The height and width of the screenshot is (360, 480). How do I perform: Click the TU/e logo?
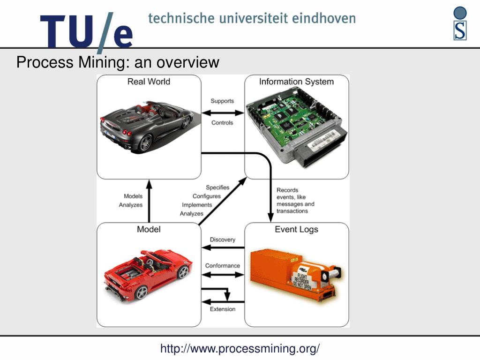pyautogui.click(x=86, y=31)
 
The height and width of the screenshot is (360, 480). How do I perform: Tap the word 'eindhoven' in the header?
pyautogui.click(x=324, y=19)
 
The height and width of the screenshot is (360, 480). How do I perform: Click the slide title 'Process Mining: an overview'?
pyautogui.click(x=118, y=62)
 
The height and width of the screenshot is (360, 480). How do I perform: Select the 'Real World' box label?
pyautogui.click(x=149, y=82)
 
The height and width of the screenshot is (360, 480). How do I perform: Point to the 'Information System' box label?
pyautogui.click(x=296, y=82)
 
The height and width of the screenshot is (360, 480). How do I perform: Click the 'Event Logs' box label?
pyautogui.click(x=296, y=229)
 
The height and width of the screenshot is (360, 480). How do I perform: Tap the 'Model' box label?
pyautogui.click(x=149, y=229)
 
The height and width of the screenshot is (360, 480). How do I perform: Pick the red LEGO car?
pyautogui.click(x=148, y=274)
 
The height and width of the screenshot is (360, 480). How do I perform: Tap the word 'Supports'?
pyautogui.click(x=222, y=101)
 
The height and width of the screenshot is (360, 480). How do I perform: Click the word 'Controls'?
pyautogui.click(x=222, y=123)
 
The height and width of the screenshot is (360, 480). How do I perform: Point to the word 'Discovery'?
pyautogui.click(x=223, y=240)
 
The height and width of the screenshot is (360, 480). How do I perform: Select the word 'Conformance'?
pyautogui.click(x=223, y=266)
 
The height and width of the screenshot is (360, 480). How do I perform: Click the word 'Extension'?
pyautogui.click(x=223, y=309)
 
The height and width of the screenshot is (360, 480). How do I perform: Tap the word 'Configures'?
pyautogui.click(x=206, y=196)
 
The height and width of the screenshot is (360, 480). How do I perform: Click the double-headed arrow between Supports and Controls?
pyautogui.click(x=222, y=112)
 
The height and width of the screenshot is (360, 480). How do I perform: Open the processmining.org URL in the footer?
pyautogui.click(x=240, y=349)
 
